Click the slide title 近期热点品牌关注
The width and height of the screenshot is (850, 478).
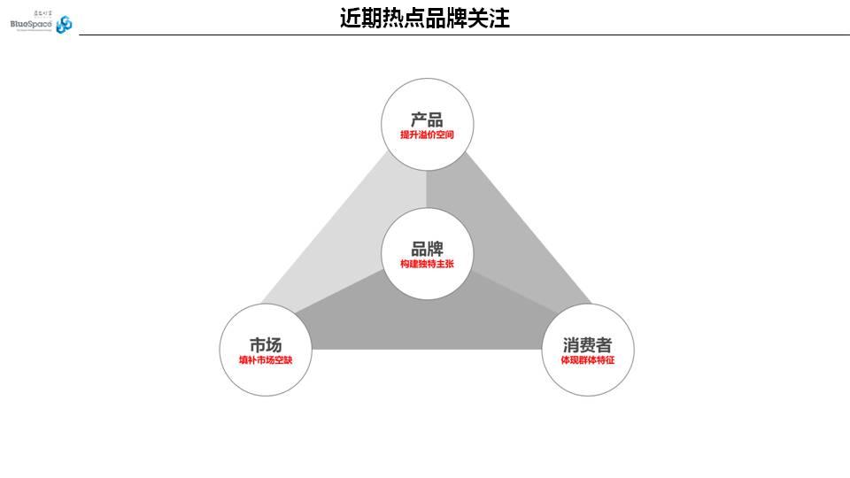(x=425, y=18)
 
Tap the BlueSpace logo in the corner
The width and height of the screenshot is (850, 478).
(x=41, y=23)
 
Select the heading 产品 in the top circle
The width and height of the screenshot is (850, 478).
(x=427, y=119)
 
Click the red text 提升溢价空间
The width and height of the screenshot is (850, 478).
(x=427, y=135)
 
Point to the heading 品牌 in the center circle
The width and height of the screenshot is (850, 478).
(x=427, y=249)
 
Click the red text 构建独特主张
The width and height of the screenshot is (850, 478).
(x=427, y=264)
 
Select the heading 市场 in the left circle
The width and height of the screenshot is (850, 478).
(x=266, y=345)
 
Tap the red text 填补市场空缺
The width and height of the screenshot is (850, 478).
(x=266, y=360)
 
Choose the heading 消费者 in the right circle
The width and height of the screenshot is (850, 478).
(x=587, y=345)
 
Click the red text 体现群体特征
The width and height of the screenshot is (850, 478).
(x=587, y=360)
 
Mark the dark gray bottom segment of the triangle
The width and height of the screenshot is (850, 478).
(x=425, y=323)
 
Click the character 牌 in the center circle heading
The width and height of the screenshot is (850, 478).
(x=435, y=249)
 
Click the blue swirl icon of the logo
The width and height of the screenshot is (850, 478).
(x=64, y=25)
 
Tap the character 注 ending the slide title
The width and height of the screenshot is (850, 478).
(x=499, y=18)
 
